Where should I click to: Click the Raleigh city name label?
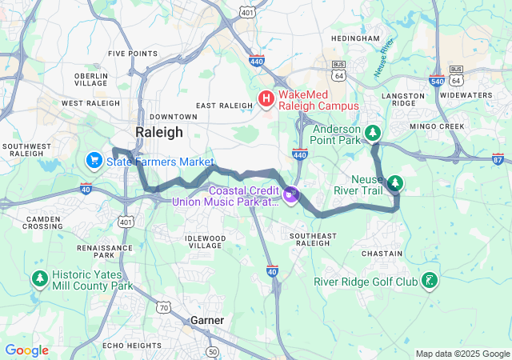158,132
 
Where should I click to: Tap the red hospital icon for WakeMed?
266,98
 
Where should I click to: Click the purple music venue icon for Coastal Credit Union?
290,193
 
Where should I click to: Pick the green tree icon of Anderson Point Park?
372,132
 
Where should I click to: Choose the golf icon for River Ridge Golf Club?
431,280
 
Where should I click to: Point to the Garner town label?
206,320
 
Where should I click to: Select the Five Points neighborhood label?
133,54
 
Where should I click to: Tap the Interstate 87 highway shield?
498,160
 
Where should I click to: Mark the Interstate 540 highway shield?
437,81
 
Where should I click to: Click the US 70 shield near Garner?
163,307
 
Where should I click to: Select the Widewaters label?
466,95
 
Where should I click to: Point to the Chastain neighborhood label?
382,254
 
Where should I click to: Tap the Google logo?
26,350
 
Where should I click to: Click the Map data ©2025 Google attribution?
462,354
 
